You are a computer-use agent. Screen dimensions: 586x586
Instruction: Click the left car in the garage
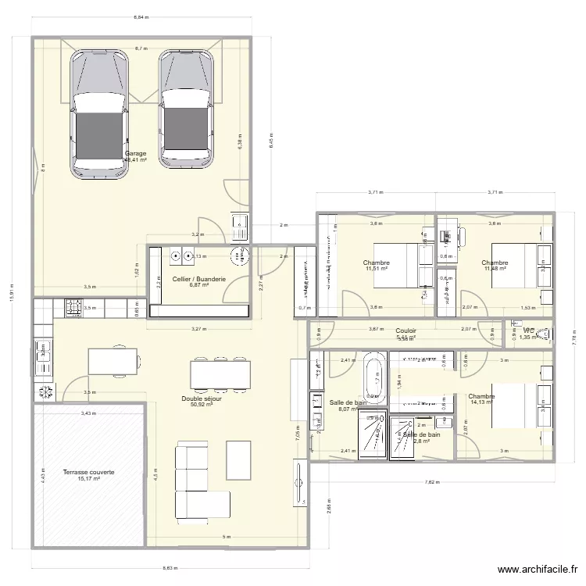click(x=99, y=114)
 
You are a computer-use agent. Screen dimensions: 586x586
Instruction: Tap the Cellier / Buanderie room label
click(x=199, y=279)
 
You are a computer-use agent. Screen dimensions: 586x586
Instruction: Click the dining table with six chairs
click(x=221, y=374)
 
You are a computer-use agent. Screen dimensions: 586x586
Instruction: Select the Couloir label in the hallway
click(x=406, y=331)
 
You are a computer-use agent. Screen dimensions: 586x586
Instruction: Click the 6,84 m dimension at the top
click(x=141, y=16)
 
